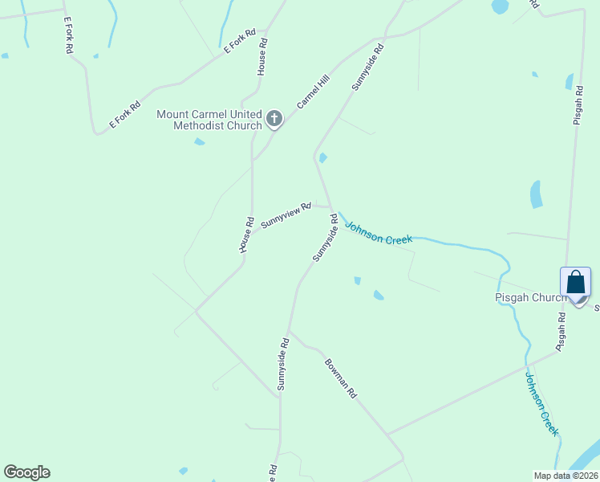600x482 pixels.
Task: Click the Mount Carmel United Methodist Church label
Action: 209,120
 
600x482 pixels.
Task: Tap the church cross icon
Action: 274,120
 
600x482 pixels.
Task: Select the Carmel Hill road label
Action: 314,92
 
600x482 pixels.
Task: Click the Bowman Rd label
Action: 340,377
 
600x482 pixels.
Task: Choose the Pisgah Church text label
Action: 529,297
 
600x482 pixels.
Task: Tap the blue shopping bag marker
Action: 576,283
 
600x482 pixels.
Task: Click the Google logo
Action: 26,472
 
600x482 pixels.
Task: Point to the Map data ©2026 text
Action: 566,476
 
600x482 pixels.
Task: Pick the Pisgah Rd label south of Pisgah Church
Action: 561,331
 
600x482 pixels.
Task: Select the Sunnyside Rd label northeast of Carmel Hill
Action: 367,66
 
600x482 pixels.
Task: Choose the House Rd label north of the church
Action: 261,57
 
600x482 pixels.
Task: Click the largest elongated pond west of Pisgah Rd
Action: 536,194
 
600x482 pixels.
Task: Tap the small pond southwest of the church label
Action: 199,142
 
